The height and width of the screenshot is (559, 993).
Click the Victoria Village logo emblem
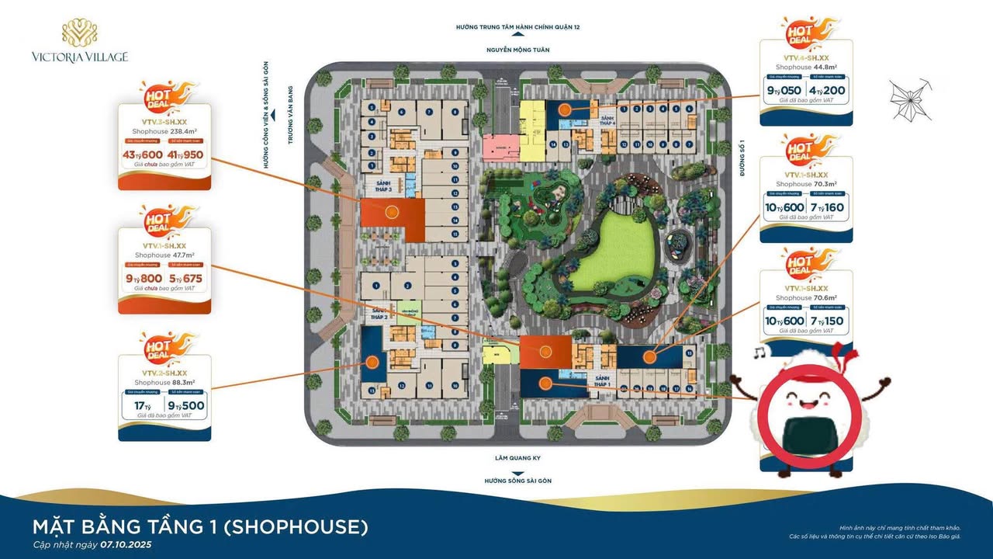pyautogui.click(x=79, y=33)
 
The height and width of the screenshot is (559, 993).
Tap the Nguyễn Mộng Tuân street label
pyautogui.click(x=518, y=50)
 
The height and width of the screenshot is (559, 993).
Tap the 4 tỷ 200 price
pyautogui.click(x=829, y=90)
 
